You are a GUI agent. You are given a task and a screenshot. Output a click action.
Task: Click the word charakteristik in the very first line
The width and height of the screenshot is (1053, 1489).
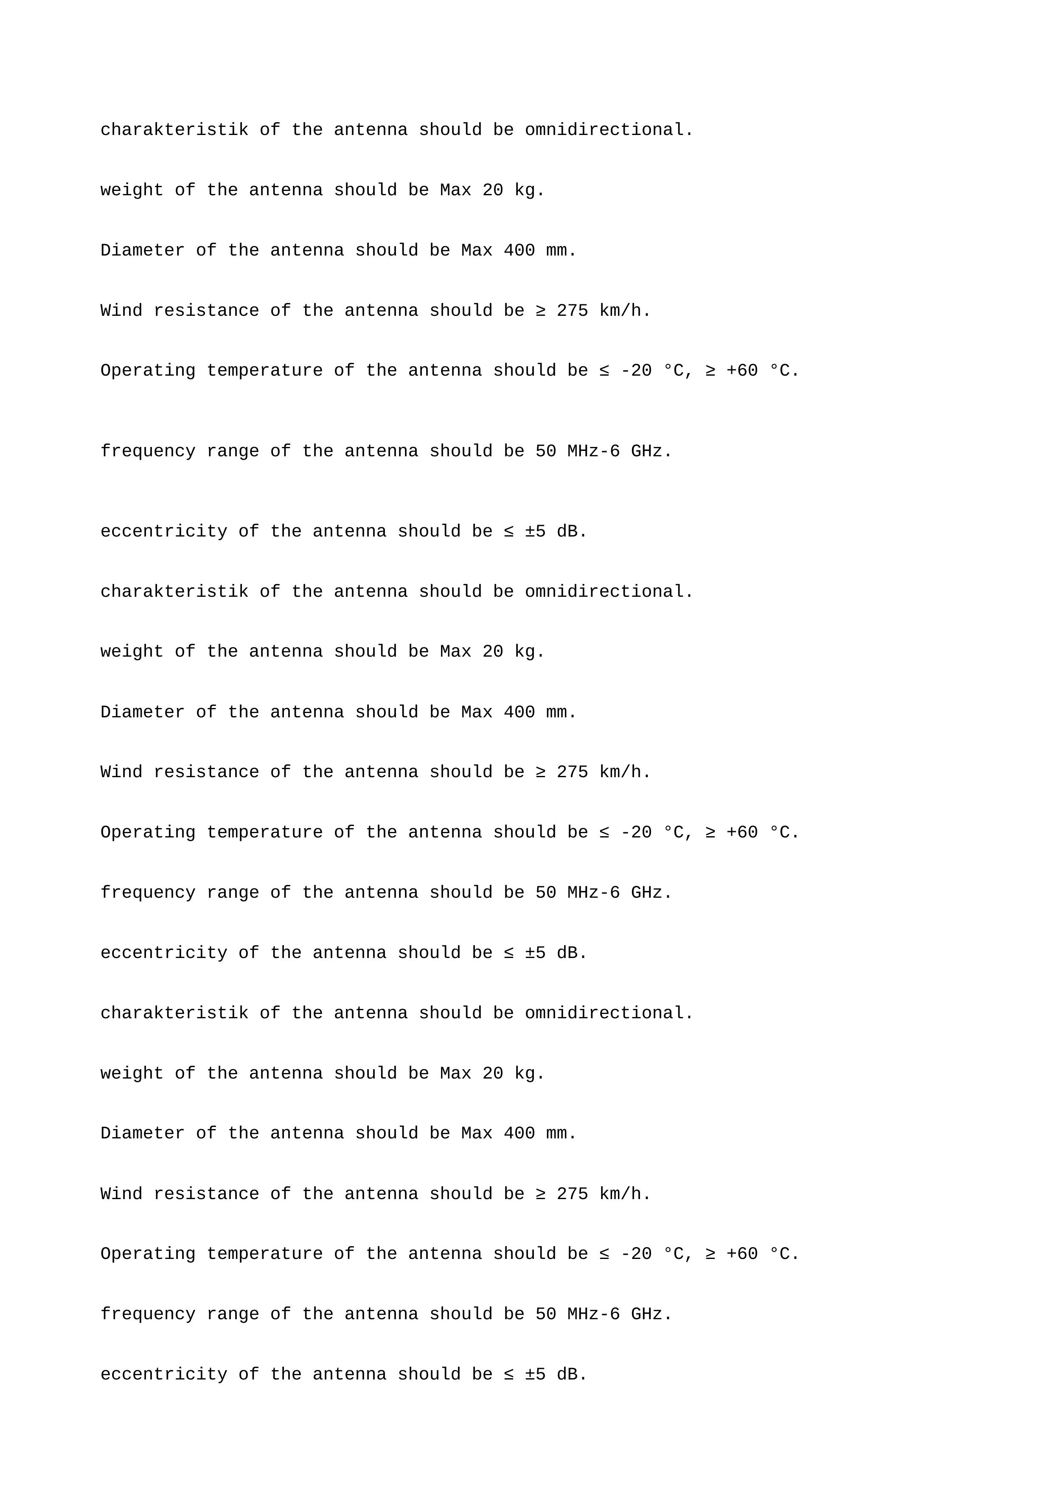tap(174, 130)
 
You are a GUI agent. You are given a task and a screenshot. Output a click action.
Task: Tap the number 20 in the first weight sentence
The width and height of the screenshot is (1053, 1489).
tap(493, 190)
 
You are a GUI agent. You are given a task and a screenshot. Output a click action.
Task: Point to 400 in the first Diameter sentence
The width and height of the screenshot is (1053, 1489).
tap(519, 250)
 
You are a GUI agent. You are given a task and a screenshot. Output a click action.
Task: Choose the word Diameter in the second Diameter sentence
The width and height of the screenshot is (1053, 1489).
tap(143, 712)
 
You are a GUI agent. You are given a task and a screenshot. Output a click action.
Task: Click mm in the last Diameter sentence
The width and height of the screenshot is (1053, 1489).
tap(556, 1133)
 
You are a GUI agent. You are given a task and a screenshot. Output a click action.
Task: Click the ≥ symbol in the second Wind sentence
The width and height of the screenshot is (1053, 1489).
tap(541, 772)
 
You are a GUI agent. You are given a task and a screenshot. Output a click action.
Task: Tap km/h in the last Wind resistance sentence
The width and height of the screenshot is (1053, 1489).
tap(620, 1194)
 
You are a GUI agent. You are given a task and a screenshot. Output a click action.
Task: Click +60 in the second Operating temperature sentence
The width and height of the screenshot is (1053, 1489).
tap(742, 832)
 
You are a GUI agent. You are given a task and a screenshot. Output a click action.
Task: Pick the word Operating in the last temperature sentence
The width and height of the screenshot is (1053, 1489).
tap(148, 1253)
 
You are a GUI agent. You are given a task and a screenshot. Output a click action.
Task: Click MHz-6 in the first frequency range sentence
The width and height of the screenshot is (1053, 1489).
tap(593, 451)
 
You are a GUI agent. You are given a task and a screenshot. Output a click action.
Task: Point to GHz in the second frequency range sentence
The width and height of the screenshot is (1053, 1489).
tap(646, 892)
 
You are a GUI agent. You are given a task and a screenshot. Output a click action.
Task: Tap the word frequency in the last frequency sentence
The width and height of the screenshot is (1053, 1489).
tap(148, 1314)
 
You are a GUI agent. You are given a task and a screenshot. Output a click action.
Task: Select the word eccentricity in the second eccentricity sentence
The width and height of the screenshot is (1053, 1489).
tap(163, 952)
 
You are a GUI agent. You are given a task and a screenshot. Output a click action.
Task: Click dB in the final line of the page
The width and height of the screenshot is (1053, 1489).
tap(567, 1374)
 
